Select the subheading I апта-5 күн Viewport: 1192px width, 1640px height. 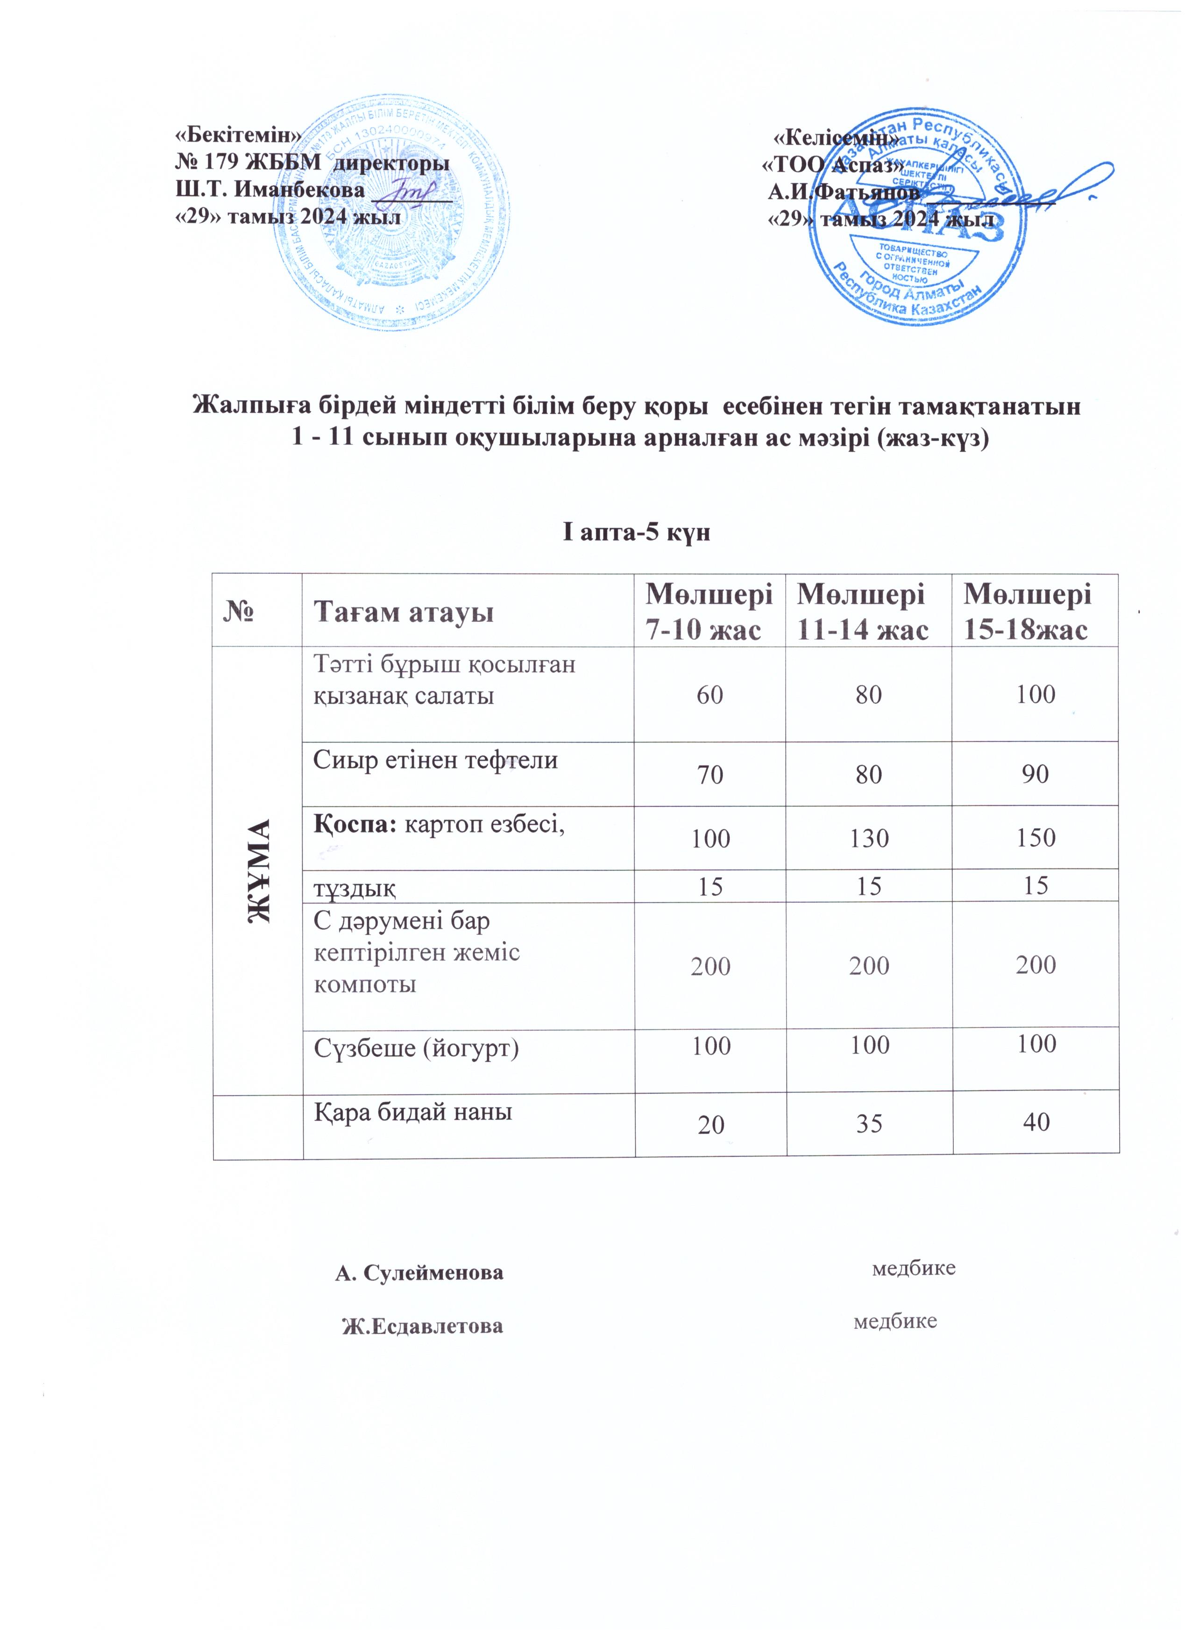[637, 534]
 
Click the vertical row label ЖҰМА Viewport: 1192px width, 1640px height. [258, 870]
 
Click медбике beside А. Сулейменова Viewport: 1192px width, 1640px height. [914, 1268]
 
